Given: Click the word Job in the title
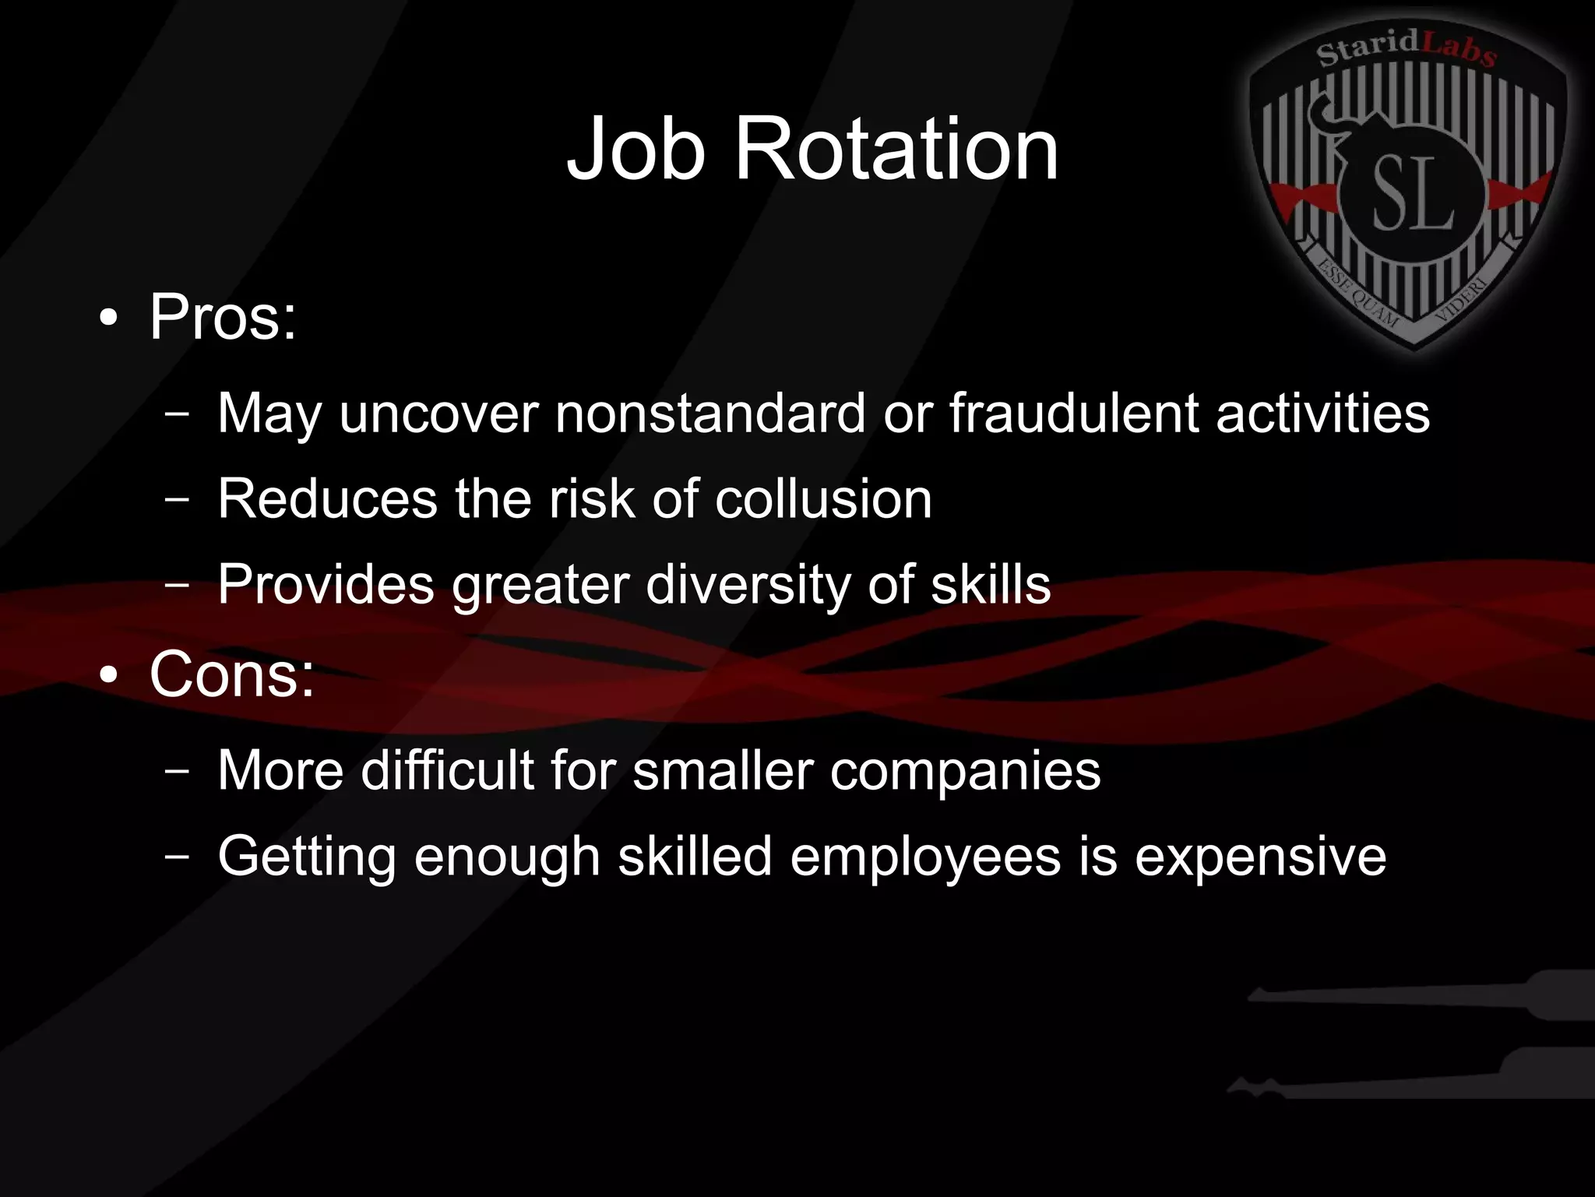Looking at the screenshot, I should pos(636,149).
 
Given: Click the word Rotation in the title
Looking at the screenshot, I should pos(896,149).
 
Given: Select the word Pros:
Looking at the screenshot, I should pos(223,317).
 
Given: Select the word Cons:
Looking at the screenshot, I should pos(232,674).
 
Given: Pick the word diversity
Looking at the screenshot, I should pos(748,584).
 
